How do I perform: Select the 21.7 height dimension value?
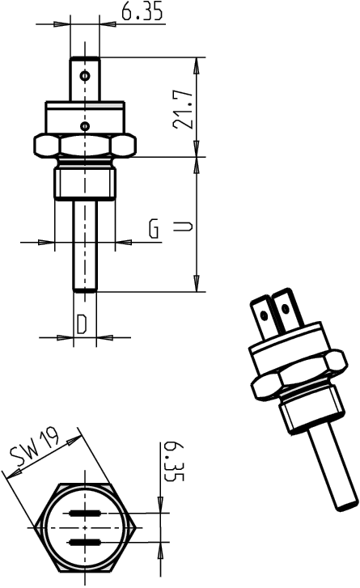(x=184, y=108)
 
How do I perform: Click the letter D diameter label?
(x=83, y=324)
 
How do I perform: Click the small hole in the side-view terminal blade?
(x=85, y=75)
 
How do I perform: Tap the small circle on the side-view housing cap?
(x=85, y=125)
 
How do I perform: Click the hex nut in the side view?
(x=85, y=146)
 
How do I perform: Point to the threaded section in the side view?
(x=85, y=182)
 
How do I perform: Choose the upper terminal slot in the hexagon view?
(x=85, y=514)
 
